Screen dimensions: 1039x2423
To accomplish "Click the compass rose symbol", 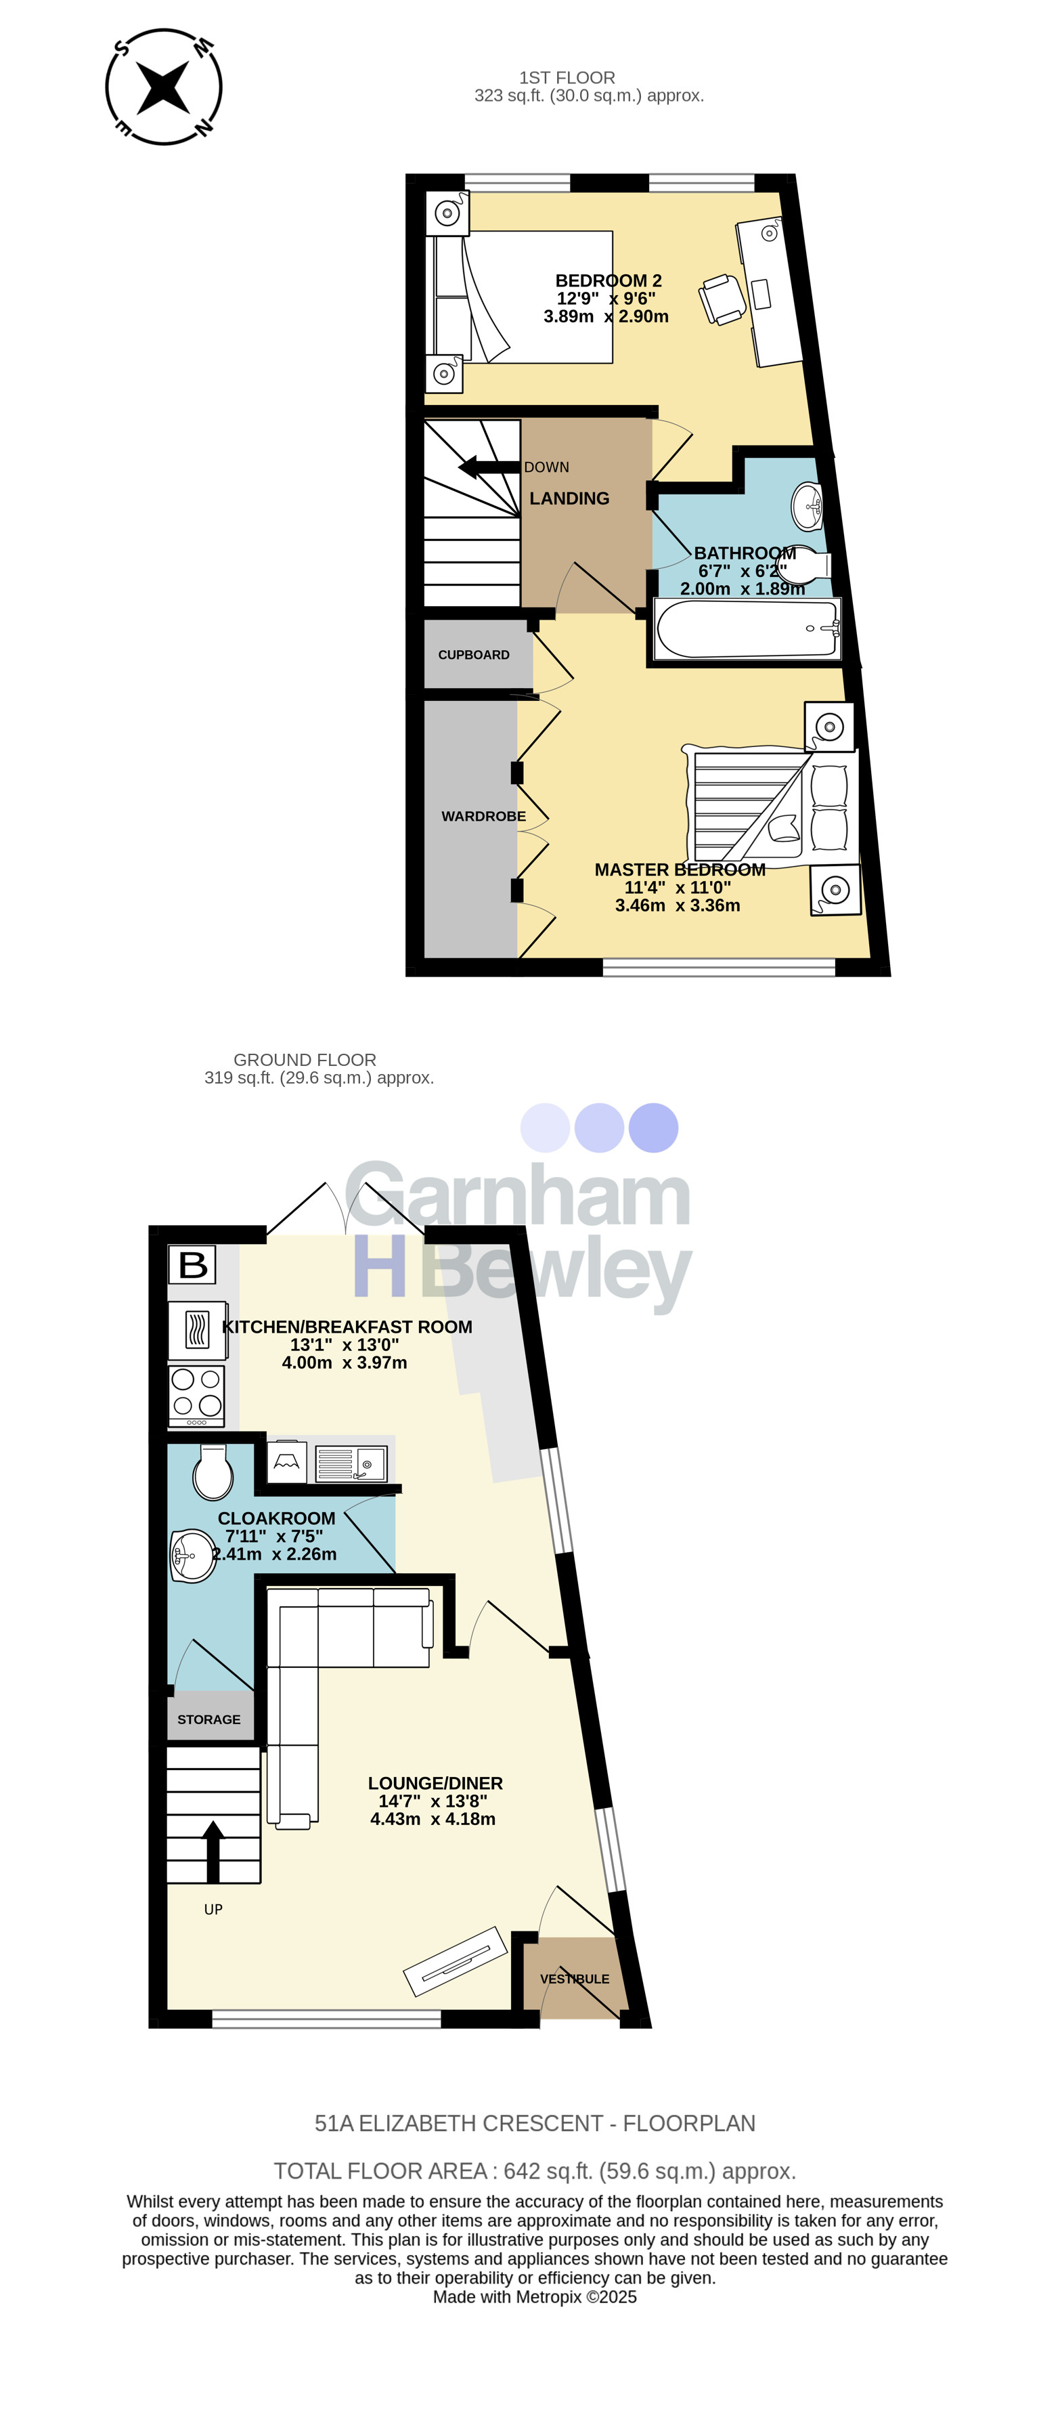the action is click(164, 87).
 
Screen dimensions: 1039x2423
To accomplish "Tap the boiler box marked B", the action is click(192, 1264).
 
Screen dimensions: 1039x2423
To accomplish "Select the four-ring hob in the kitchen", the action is click(196, 1396).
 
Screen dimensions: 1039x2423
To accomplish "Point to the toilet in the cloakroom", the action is click(213, 1472).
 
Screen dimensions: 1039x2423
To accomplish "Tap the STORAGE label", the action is click(208, 1719).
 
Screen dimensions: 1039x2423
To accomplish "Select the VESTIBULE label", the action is click(575, 1978).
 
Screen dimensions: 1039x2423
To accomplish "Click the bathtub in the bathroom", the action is click(747, 628).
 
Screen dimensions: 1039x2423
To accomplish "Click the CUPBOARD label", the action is click(474, 655).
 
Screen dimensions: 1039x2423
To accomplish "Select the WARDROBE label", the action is click(483, 817).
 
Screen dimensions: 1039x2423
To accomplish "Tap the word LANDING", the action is click(569, 498).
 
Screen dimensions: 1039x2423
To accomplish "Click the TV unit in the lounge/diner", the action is click(455, 1961).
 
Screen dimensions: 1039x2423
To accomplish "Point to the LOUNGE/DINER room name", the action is click(435, 1783).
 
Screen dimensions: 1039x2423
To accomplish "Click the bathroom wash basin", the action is click(807, 507).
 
